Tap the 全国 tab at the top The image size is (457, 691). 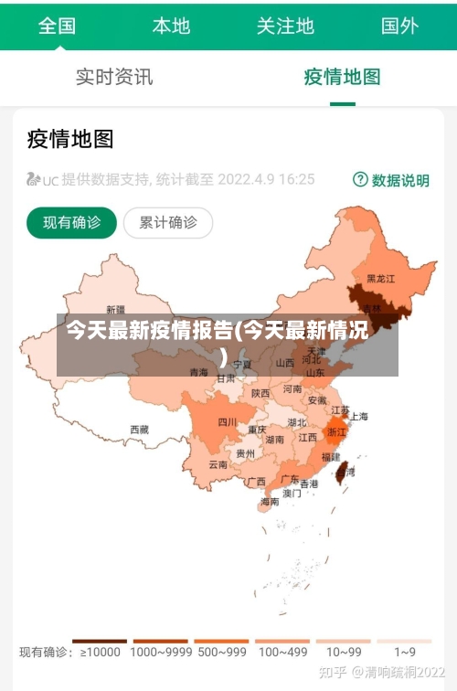click(x=57, y=26)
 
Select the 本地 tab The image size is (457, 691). click(x=171, y=26)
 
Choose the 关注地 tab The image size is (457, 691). click(x=285, y=26)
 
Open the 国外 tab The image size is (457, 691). click(x=399, y=26)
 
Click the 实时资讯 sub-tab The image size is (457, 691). click(x=114, y=77)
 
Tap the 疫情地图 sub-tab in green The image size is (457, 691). click(x=342, y=77)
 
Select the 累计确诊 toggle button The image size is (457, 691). click(x=167, y=222)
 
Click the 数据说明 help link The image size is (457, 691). click(x=391, y=180)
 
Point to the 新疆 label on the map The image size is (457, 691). click(x=116, y=309)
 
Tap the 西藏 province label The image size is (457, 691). click(x=139, y=429)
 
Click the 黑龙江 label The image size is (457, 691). click(x=380, y=278)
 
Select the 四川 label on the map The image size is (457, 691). click(x=228, y=422)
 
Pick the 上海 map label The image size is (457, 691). click(x=358, y=417)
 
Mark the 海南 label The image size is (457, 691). click(x=270, y=502)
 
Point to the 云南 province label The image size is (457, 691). click(x=218, y=464)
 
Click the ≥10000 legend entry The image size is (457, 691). click(x=100, y=653)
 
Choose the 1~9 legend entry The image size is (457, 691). click(x=405, y=653)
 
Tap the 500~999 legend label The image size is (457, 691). click(x=221, y=653)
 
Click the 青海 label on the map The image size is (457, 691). click(x=198, y=372)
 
